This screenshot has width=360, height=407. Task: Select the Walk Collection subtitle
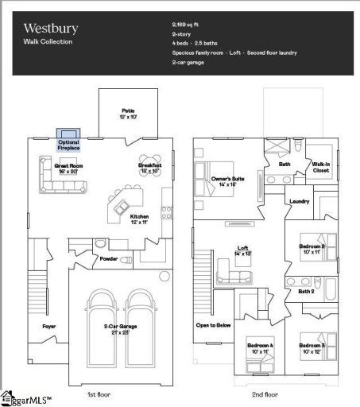(47, 41)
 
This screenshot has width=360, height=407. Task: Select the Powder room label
(109, 258)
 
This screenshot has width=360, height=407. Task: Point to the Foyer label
(48, 326)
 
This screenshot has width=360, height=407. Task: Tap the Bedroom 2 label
(312, 248)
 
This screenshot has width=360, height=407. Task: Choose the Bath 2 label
(307, 291)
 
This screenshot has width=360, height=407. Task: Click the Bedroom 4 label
(259, 347)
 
